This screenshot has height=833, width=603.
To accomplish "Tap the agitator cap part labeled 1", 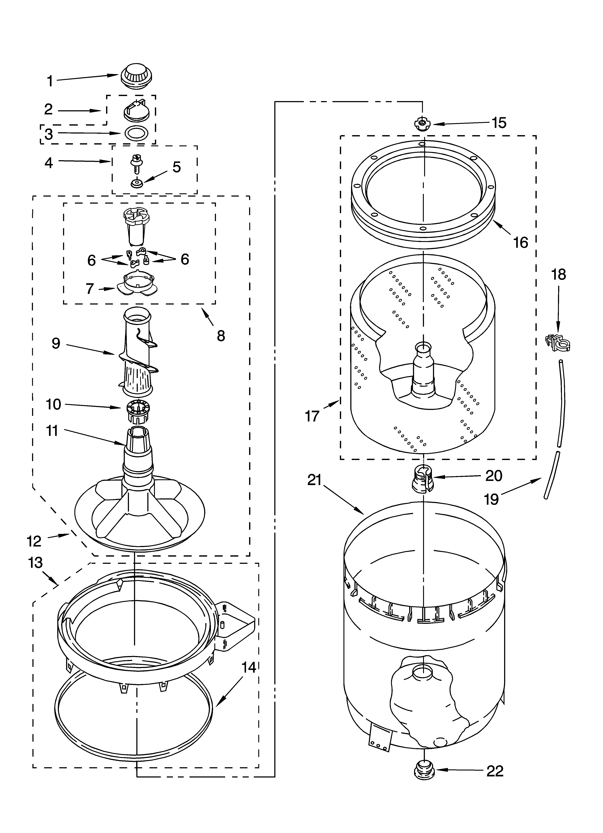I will tap(136, 76).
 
